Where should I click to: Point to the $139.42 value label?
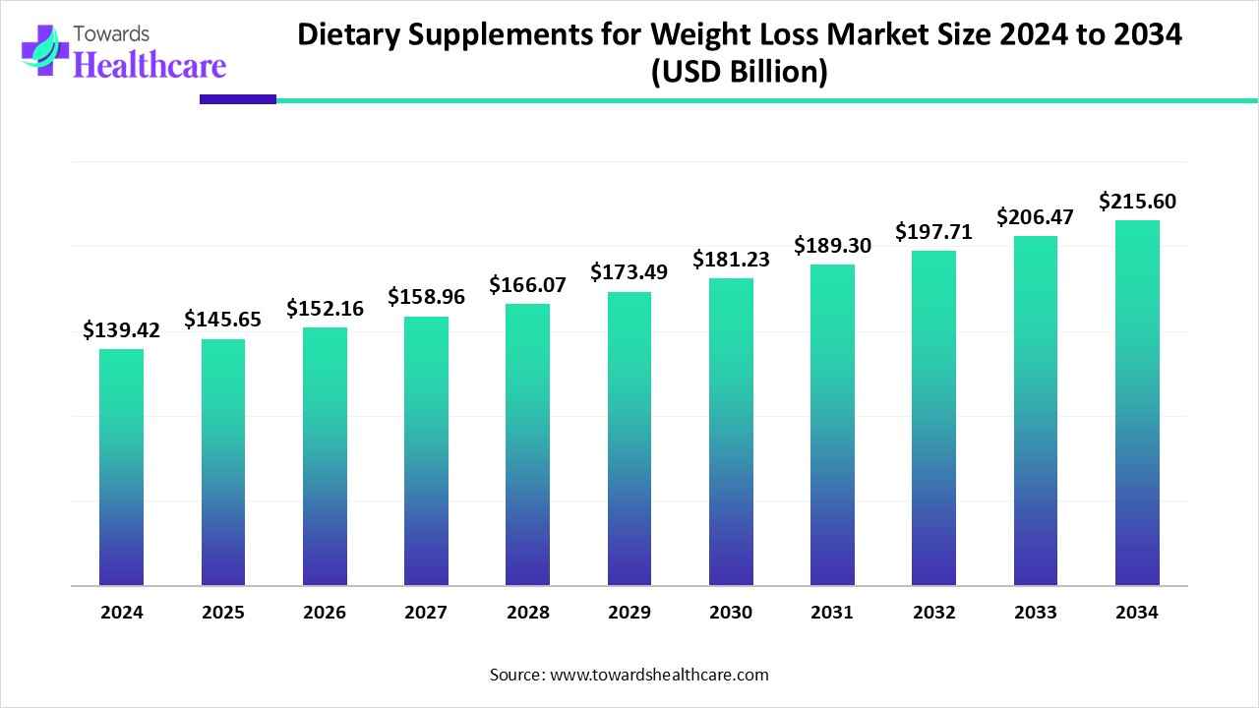[121, 330]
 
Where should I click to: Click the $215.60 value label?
[1137, 202]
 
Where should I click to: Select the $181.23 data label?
[731, 259]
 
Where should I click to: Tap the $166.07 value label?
[528, 285]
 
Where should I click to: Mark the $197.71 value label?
[933, 232]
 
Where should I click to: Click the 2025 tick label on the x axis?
[223, 613]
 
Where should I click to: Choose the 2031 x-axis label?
[832, 613]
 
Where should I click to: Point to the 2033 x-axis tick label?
[1036, 613]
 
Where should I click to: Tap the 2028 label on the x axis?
[528, 613]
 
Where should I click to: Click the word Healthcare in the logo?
[150, 64]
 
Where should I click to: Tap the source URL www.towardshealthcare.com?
[659, 675]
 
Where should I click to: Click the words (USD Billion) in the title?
[740, 73]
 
